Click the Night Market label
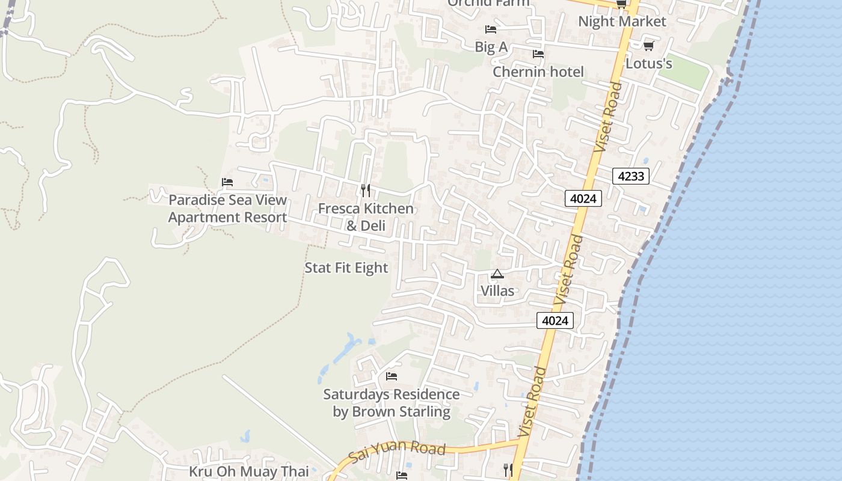click(622, 22)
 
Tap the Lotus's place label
click(648, 63)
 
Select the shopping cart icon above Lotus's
click(648, 46)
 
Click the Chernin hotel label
click(538, 72)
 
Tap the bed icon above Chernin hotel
click(538, 54)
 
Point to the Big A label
click(491, 47)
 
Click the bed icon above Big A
click(491, 29)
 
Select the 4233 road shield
click(631, 176)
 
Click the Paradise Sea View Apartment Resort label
click(227, 209)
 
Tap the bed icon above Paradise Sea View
click(227, 182)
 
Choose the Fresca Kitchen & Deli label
click(366, 217)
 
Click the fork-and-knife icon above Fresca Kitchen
click(366, 191)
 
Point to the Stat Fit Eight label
click(346, 268)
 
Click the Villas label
click(497, 291)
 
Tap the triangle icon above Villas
click(497, 274)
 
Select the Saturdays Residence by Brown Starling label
click(392, 403)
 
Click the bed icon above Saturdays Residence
click(392, 376)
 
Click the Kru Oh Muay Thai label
click(249, 471)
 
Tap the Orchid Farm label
click(488, 3)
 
